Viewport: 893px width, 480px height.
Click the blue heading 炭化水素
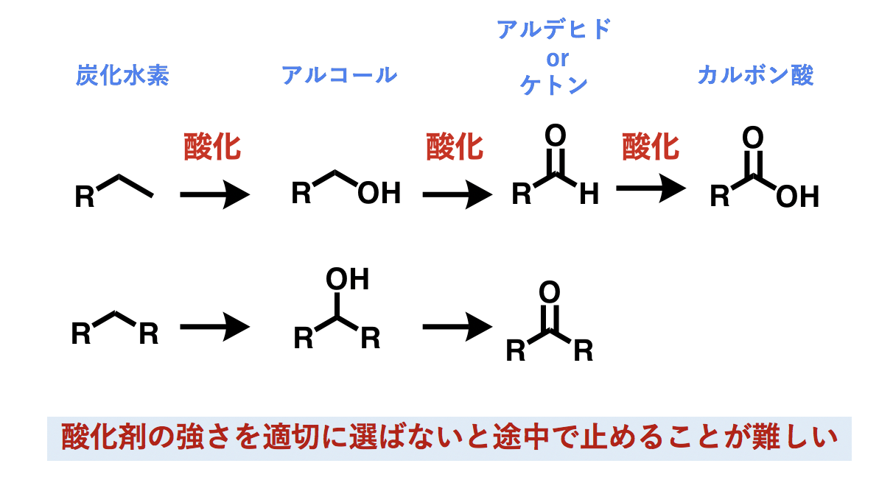(122, 76)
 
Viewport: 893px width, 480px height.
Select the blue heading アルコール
(339, 75)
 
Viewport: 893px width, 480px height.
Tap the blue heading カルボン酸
(755, 75)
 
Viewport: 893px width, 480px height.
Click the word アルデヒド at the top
(554, 29)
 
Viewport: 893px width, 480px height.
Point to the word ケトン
(554, 85)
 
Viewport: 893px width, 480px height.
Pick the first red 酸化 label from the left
(212, 147)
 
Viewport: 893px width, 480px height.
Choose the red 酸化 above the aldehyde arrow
(455, 147)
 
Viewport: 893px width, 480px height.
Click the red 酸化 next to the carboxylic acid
(651, 147)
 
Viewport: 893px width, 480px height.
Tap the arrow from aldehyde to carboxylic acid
(651, 189)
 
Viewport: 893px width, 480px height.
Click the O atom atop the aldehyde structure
(555, 136)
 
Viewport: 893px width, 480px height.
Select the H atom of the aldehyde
(589, 195)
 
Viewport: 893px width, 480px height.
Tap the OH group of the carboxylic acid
(797, 197)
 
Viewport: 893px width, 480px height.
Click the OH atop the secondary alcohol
(347, 280)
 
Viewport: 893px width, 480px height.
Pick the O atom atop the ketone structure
(550, 292)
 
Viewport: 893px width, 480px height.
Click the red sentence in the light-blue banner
(449, 438)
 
